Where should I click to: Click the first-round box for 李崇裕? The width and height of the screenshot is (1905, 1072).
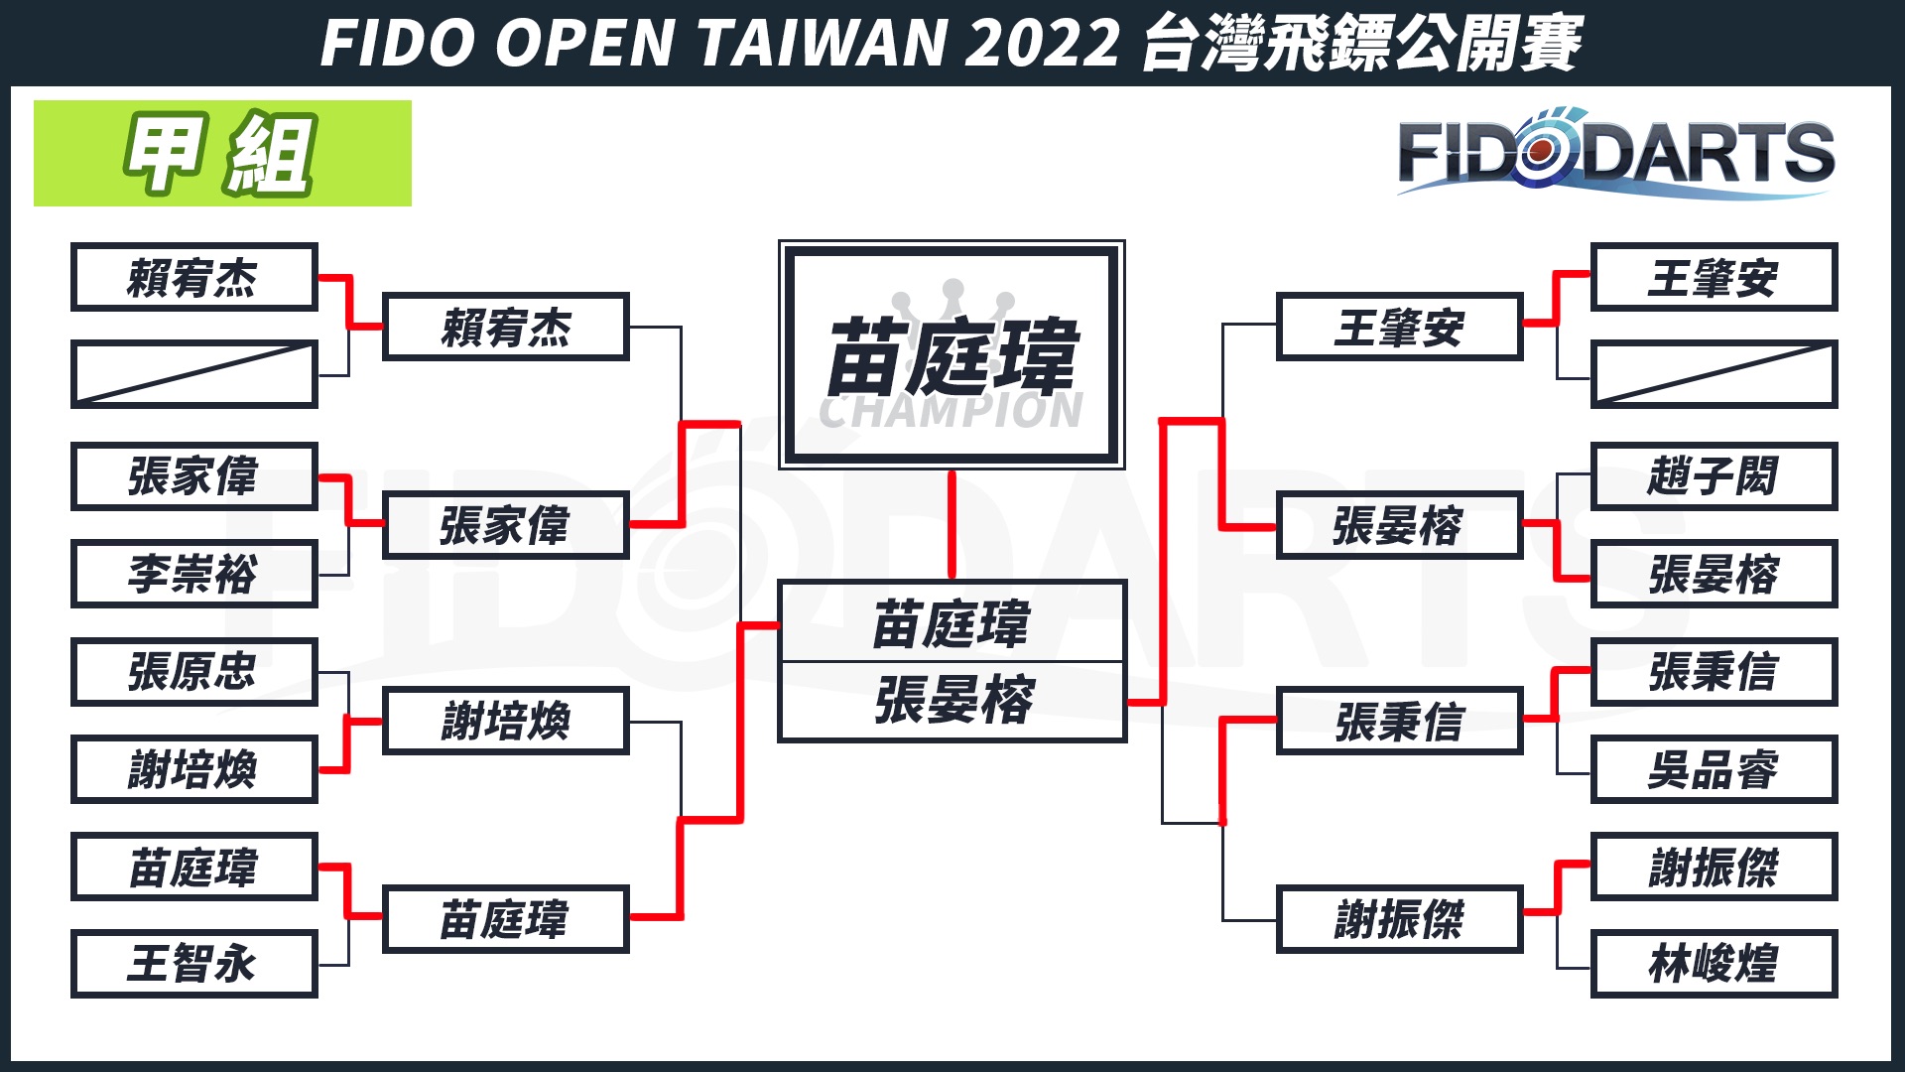193,574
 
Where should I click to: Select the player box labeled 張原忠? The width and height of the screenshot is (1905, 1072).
193,672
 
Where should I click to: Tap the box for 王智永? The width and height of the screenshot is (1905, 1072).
193,964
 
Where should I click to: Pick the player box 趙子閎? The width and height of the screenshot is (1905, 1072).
1714,476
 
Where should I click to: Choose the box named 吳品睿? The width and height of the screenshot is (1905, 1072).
1714,769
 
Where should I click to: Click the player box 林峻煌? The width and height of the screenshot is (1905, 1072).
1714,964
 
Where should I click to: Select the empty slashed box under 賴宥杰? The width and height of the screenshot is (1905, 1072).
193,374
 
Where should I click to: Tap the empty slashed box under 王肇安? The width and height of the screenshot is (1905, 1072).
1714,374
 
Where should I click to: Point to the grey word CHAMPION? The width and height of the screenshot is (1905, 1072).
952,411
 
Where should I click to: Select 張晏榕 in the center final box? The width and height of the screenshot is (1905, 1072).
952,701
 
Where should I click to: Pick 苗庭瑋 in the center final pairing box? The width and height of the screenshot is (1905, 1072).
952,623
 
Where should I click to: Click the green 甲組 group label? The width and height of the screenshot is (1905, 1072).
222,154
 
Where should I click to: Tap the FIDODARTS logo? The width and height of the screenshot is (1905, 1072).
1615,154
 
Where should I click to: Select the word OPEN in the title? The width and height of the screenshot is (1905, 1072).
585,43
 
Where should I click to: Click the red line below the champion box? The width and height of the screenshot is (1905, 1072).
952,524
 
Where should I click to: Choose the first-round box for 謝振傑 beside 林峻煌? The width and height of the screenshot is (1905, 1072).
1714,867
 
